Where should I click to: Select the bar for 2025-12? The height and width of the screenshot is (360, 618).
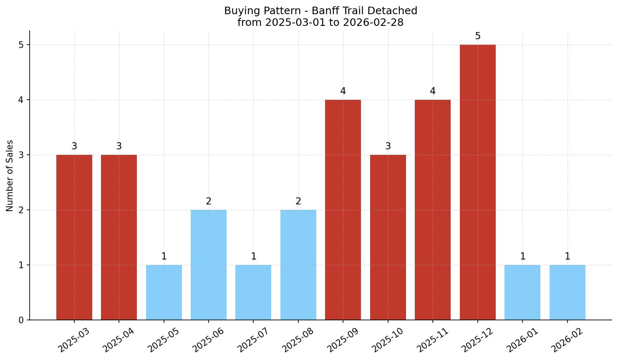(x=477, y=182)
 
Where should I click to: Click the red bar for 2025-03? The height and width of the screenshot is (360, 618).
(x=74, y=237)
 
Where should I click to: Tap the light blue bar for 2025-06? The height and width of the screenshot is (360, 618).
(x=209, y=265)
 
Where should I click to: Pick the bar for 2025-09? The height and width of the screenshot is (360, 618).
(x=343, y=210)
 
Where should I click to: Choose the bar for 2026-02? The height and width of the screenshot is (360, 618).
(x=567, y=292)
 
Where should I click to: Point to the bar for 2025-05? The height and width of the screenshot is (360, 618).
(x=164, y=292)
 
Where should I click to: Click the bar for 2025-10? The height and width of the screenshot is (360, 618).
(x=388, y=237)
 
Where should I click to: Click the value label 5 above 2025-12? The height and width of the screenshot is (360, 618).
(x=478, y=36)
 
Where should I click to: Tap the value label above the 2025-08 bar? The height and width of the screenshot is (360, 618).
(x=298, y=201)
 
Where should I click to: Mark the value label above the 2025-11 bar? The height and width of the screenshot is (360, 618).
(x=433, y=91)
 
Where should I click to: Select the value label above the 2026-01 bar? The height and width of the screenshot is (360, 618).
(x=522, y=257)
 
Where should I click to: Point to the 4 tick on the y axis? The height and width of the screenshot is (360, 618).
(x=21, y=100)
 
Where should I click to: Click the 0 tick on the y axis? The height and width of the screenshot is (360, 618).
(x=21, y=320)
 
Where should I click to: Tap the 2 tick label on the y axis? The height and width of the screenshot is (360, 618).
(x=21, y=210)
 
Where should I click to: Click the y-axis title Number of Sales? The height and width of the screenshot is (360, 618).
(x=10, y=176)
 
